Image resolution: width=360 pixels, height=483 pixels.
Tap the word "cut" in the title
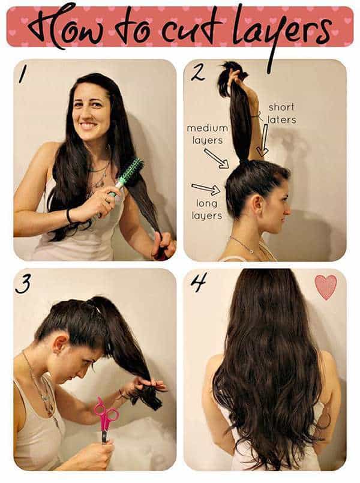click(x=202, y=28)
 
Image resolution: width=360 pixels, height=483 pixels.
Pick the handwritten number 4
click(x=199, y=281)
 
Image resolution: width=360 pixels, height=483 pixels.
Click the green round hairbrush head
click(x=131, y=172)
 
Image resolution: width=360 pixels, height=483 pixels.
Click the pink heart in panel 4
click(x=326, y=287)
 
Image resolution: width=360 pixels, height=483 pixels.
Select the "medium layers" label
click(x=207, y=134)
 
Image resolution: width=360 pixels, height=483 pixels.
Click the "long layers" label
click(x=207, y=209)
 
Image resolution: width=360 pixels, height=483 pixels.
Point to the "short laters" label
click(x=281, y=113)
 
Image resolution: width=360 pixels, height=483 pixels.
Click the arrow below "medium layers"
click(x=216, y=158)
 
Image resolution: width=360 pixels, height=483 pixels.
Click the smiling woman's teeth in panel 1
click(x=88, y=125)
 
